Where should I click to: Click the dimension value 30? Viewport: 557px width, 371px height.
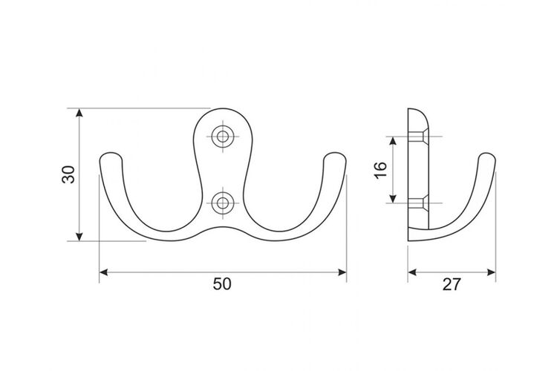pyautogui.click(x=68, y=174)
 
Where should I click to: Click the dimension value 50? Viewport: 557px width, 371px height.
pyautogui.click(x=222, y=284)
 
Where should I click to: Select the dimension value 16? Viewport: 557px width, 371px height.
pyautogui.click(x=380, y=170)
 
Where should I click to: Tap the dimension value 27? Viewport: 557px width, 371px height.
pyautogui.click(x=452, y=284)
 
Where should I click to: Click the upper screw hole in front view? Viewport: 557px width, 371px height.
pyautogui.click(x=223, y=137)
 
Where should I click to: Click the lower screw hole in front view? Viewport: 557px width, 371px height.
pyautogui.click(x=223, y=203)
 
